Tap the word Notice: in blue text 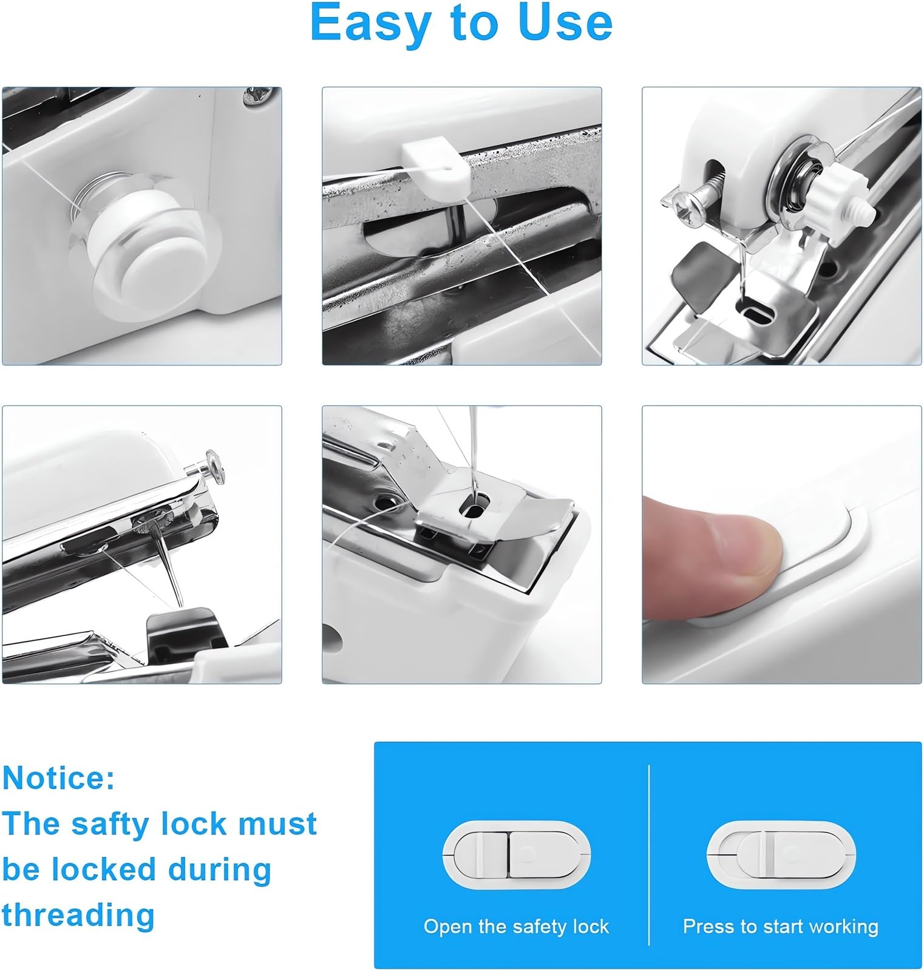pyautogui.click(x=58, y=778)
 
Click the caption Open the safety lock pyautogui.click(x=516, y=927)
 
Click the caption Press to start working pyautogui.click(x=781, y=927)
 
